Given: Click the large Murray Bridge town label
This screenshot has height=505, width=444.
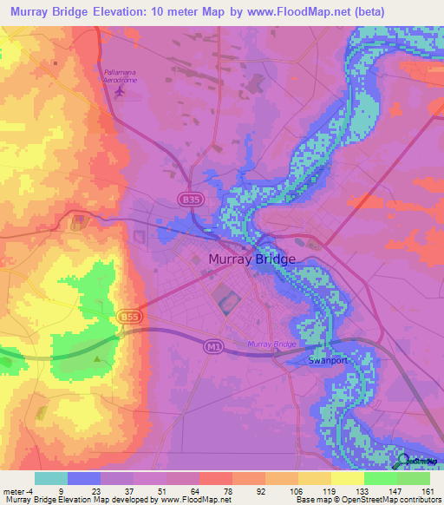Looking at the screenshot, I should click(251, 259).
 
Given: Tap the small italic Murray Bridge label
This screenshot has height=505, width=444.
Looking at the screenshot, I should click(271, 344).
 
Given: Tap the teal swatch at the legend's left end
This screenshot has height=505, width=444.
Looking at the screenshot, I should click(51, 478).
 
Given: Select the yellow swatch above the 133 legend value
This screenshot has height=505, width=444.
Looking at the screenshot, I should click(348, 478).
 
